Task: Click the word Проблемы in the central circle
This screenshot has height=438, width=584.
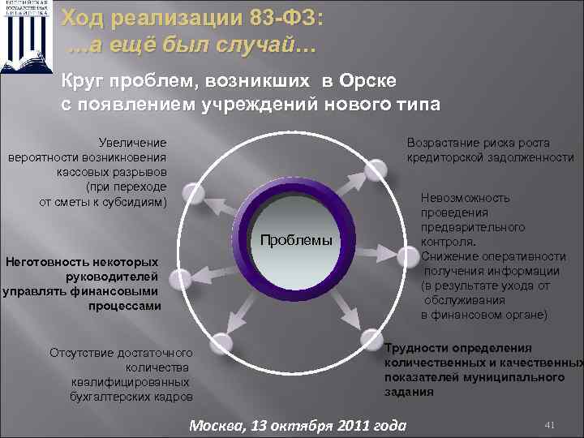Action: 296,241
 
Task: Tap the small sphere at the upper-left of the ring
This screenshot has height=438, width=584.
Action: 193,193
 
